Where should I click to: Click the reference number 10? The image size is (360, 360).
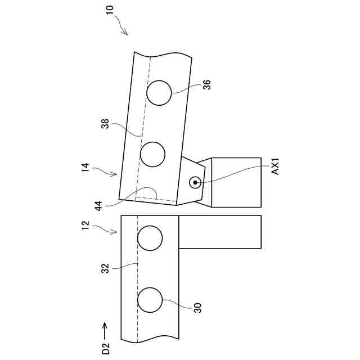[110, 10]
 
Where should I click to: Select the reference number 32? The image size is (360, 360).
[105, 269]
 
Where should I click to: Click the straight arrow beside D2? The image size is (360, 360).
[105, 328]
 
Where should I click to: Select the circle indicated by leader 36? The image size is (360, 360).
[159, 92]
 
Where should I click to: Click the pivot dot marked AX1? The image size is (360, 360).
[195, 182]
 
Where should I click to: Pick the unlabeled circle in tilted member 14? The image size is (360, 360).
[152, 154]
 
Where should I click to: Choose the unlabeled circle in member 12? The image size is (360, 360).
[150, 238]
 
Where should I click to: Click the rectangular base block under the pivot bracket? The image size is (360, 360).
[236, 182]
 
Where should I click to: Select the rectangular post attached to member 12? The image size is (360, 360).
[220, 232]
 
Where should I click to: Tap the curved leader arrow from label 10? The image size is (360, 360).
[122, 25]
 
